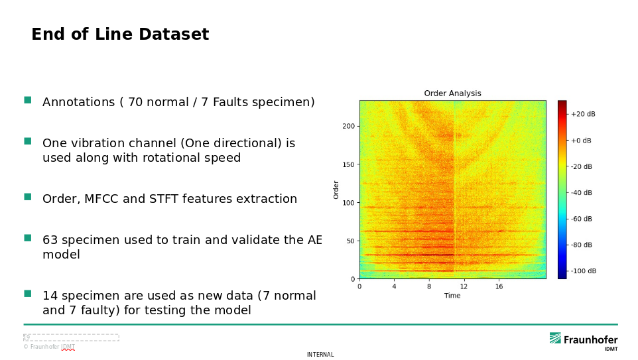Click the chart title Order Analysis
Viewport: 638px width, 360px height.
point(452,93)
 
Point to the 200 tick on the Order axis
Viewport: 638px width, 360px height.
point(349,126)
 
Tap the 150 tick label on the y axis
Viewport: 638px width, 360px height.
point(349,164)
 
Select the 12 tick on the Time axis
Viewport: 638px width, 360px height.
point(464,286)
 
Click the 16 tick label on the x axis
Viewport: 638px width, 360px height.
point(499,286)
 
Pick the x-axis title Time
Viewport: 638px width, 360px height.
point(452,296)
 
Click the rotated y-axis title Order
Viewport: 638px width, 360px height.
point(336,190)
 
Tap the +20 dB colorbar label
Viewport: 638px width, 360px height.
point(583,114)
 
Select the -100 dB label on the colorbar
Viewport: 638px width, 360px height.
point(584,271)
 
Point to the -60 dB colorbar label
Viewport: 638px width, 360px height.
point(582,219)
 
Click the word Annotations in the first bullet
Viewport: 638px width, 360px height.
point(78,101)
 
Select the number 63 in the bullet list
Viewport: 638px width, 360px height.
point(50,239)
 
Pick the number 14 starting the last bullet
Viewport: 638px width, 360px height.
point(50,295)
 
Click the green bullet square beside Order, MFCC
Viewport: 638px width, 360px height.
point(28,197)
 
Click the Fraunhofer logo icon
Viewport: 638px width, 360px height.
point(555,338)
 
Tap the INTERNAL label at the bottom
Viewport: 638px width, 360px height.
point(320,355)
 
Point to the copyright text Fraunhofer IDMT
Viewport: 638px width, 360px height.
point(49,347)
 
